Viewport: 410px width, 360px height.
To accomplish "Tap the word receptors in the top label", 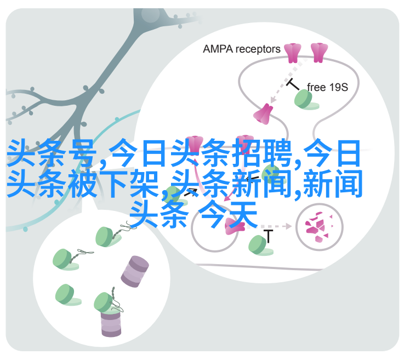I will (x=258, y=49).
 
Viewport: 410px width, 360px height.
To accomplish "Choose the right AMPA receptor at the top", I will (x=318, y=53).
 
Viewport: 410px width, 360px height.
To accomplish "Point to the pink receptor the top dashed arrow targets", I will (x=263, y=113).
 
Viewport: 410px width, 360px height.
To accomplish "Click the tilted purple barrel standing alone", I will (x=135, y=271).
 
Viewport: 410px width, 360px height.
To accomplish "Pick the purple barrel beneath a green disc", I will (x=110, y=323).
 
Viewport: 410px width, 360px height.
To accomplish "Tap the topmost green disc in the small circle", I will (x=104, y=236).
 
